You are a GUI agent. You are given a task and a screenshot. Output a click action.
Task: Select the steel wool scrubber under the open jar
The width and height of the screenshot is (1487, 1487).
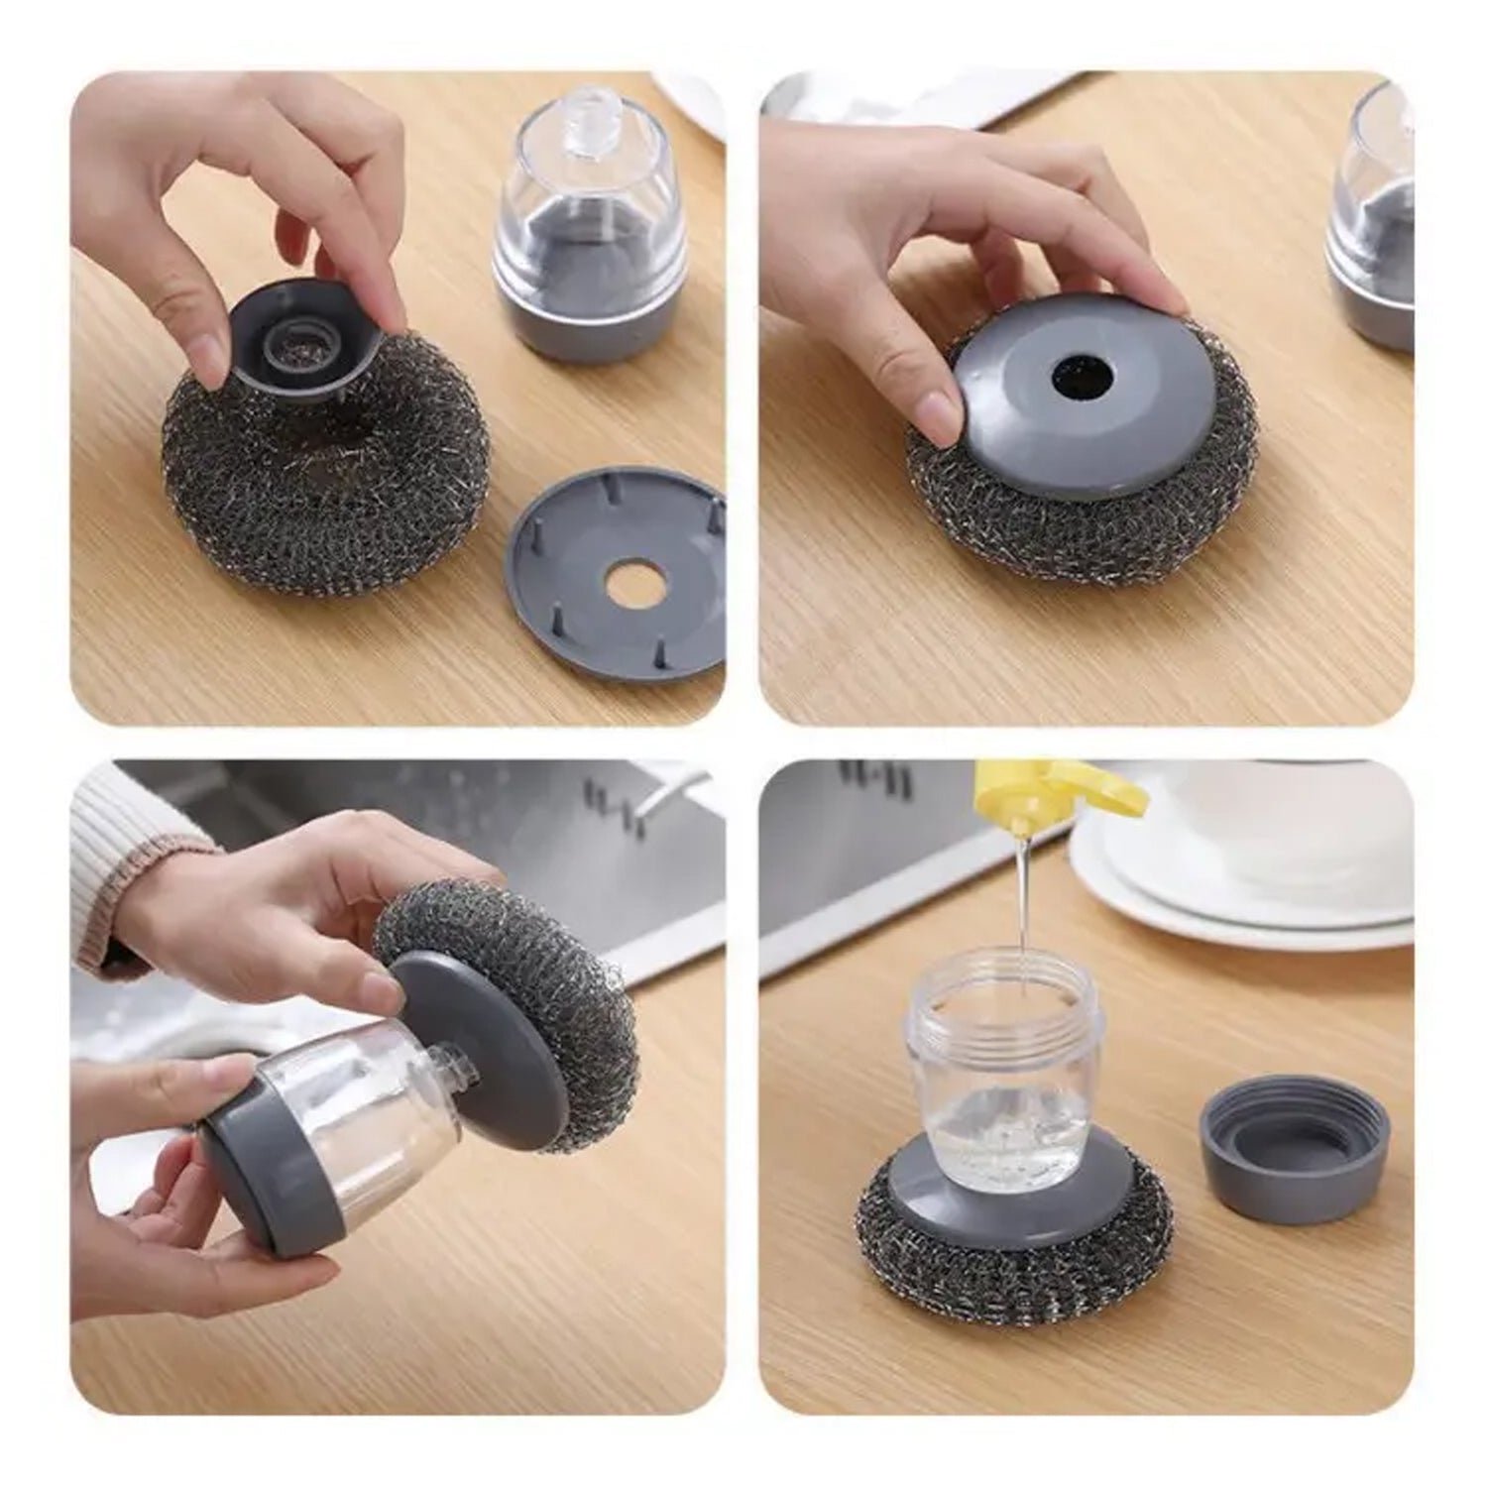click(1011, 1259)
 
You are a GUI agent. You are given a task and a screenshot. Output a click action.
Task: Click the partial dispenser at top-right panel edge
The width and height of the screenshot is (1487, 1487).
click(1373, 228)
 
